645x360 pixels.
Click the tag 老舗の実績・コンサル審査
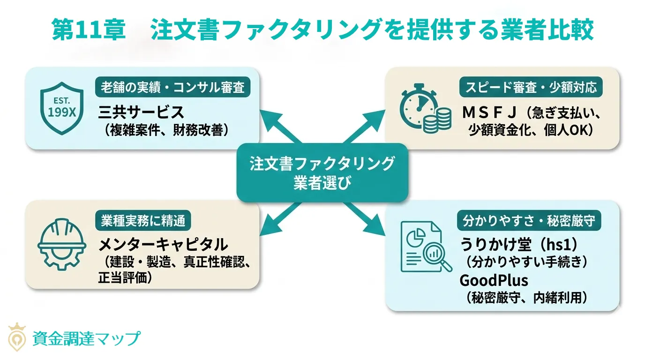pos(172,87)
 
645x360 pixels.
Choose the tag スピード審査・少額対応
pos(531,87)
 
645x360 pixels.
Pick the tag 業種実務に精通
pos(143,220)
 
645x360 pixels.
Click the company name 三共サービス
pos(141,112)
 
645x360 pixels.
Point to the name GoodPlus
pos(494,280)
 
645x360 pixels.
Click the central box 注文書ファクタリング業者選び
pos(322,172)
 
